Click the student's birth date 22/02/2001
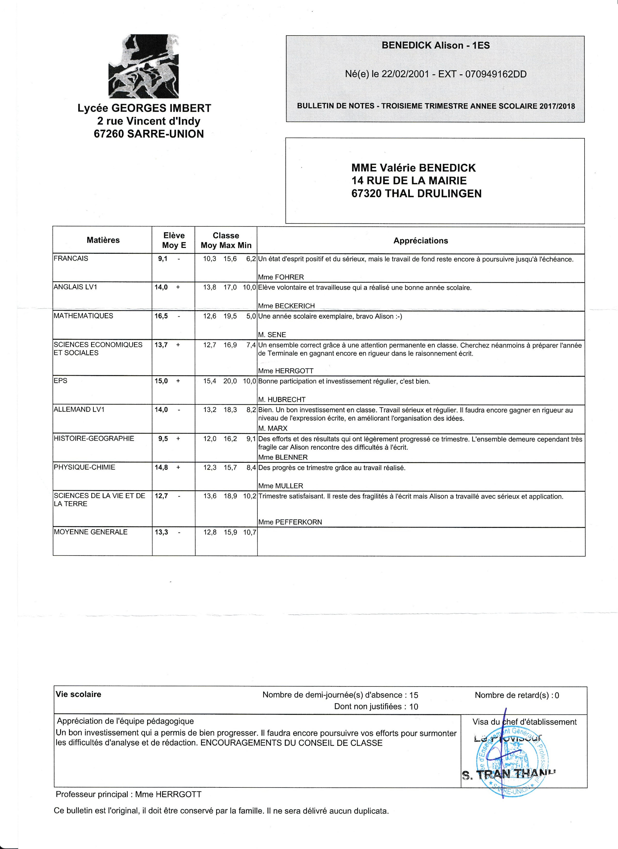405,74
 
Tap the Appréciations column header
421,241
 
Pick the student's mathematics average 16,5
161,316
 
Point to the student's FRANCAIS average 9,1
163,259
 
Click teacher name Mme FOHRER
281,277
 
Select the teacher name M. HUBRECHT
282,399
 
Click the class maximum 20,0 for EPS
230,381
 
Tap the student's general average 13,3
161,532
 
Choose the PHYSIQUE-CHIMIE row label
85,467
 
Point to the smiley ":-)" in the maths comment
397,316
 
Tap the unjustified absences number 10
413,707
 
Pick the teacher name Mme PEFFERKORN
290,522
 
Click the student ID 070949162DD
496,74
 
